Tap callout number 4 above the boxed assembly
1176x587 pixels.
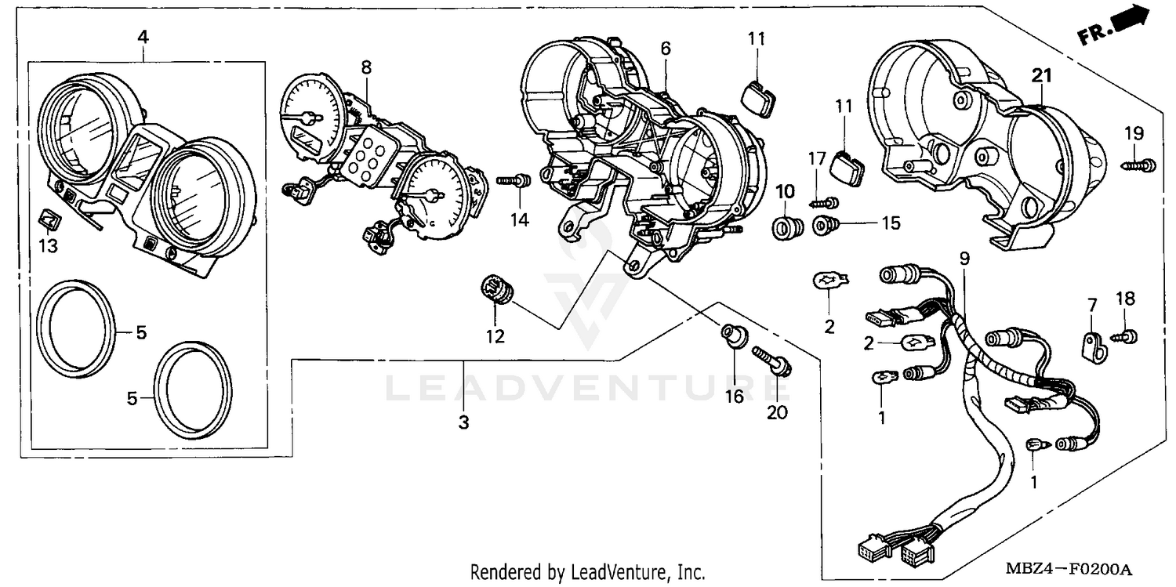point(143,37)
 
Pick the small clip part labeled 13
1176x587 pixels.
point(49,219)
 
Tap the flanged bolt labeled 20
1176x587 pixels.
point(773,361)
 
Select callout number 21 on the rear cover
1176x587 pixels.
point(1040,76)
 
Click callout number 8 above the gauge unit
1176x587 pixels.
point(366,67)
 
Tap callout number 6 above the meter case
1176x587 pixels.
point(665,49)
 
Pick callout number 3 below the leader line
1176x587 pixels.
point(463,422)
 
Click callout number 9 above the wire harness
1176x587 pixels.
point(964,257)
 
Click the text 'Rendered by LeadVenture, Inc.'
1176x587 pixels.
point(587,572)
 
